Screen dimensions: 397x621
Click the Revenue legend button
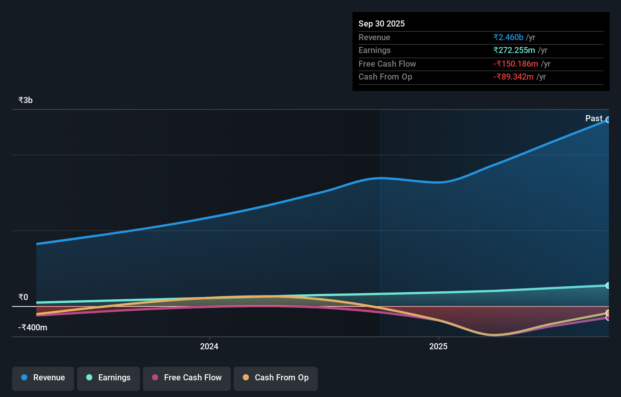click(x=43, y=378)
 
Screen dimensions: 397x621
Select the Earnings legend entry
click(x=109, y=378)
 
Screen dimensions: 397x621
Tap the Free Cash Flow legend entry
click(x=187, y=378)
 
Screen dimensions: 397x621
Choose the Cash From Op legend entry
click(x=276, y=378)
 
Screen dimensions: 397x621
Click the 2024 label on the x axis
click(x=209, y=346)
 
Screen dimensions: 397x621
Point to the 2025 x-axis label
click(x=438, y=346)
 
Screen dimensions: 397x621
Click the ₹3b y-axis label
click(x=25, y=100)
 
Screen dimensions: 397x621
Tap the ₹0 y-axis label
click(x=23, y=297)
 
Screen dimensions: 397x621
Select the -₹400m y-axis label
click(x=33, y=327)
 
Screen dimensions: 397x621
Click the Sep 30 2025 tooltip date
click(x=381, y=23)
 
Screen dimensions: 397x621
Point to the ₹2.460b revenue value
click(x=508, y=37)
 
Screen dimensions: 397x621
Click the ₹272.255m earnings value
click(x=514, y=50)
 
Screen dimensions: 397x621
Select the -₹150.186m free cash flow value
click(x=515, y=64)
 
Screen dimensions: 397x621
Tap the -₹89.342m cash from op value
click(x=513, y=77)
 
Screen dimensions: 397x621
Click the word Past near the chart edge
click(x=593, y=118)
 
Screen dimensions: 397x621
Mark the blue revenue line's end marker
click(x=608, y=120)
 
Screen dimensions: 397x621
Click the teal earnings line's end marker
click(x=608, y=285)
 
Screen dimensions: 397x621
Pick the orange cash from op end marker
click(x=608, y=313)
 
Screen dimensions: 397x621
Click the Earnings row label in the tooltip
click(x=374, y=50)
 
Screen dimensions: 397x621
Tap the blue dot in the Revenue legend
click(x=24, y=377)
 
